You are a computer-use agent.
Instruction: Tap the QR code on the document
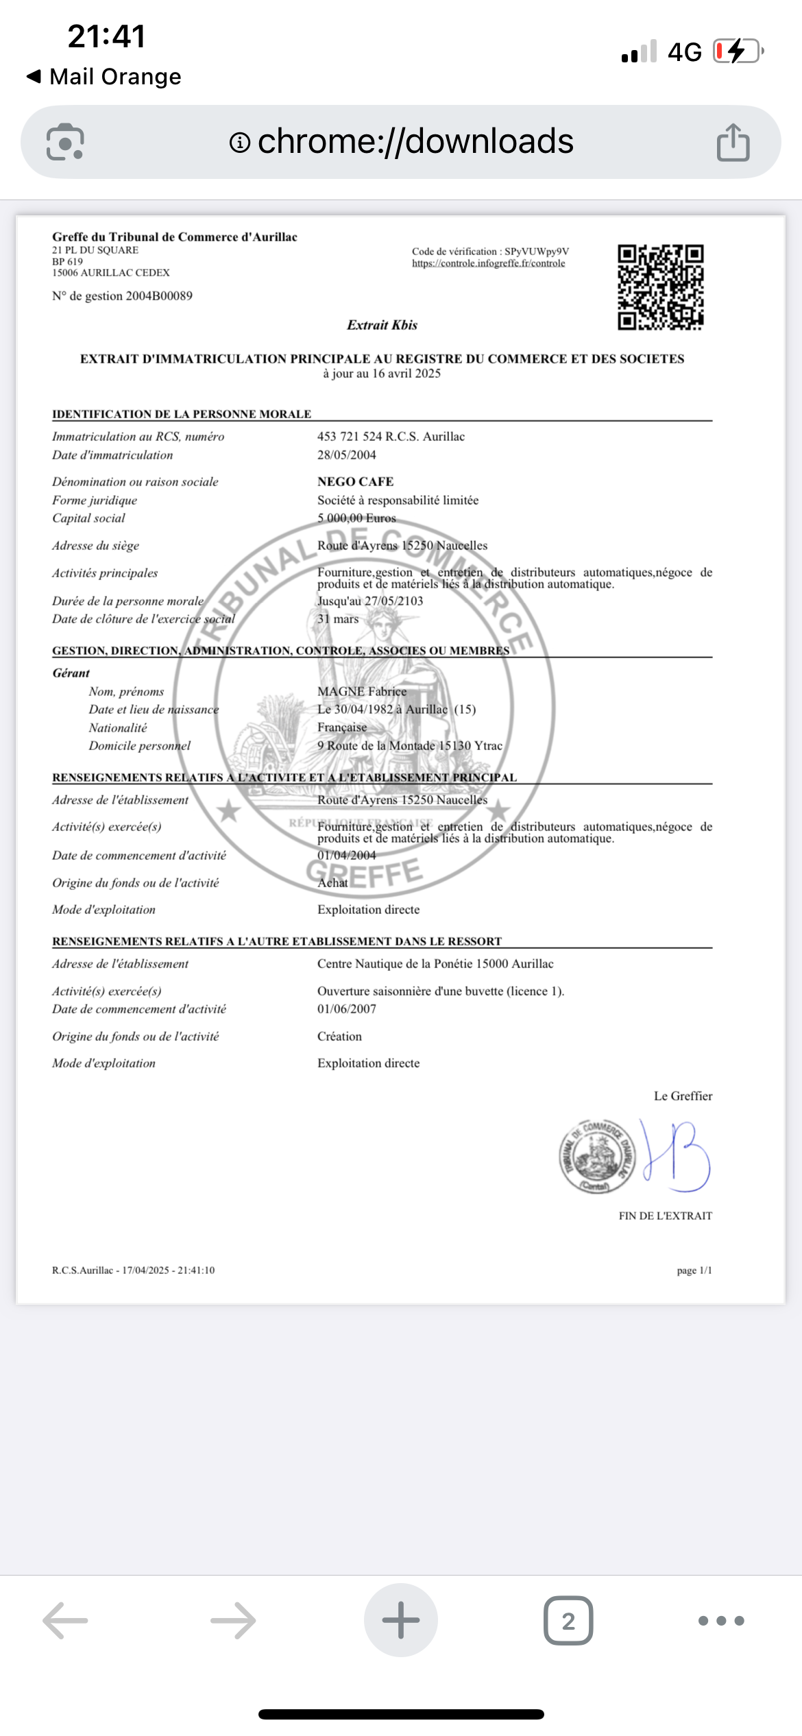(660, 287)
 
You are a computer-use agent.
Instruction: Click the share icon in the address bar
(733, 143)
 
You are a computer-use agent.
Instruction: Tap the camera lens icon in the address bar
(65, 143)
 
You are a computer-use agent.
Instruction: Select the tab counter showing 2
(568, 1621)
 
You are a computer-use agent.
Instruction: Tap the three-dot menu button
(720, 1621)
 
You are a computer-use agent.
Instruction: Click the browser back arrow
(66, 1621)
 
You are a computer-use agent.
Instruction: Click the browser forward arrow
(233, 1621)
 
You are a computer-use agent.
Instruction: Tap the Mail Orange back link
(104, 77)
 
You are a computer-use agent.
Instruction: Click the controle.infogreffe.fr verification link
(488, 263)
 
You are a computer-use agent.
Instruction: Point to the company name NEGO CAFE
(355, 482)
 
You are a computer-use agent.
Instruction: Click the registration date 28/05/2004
(346, 455)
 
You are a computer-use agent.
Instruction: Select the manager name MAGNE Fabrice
(361, 692)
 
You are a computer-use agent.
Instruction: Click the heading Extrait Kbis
(382, 325)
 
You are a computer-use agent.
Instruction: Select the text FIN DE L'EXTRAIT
(665, 1216)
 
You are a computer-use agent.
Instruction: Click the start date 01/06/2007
(346, 1009)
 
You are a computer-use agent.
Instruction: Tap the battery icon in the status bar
(738, 51)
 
